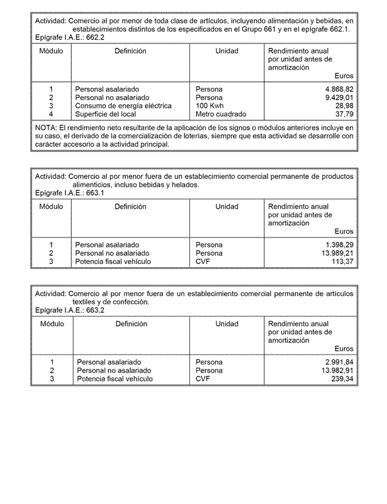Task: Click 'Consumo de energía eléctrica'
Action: pyautogui.click(x=123, y=106)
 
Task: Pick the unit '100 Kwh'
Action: pyautogui.click(x=210, y=106)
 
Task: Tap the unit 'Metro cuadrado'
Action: pyautogui.click(x=221, y=114)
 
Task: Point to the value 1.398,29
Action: pyautogui.click(x=339, y=245)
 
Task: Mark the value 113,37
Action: pyautogui.click(x=342, y=261)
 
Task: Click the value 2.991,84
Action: pyautogui.click(x=339, y=363)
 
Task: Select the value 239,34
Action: pyautogui.click(x=342, y=379)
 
